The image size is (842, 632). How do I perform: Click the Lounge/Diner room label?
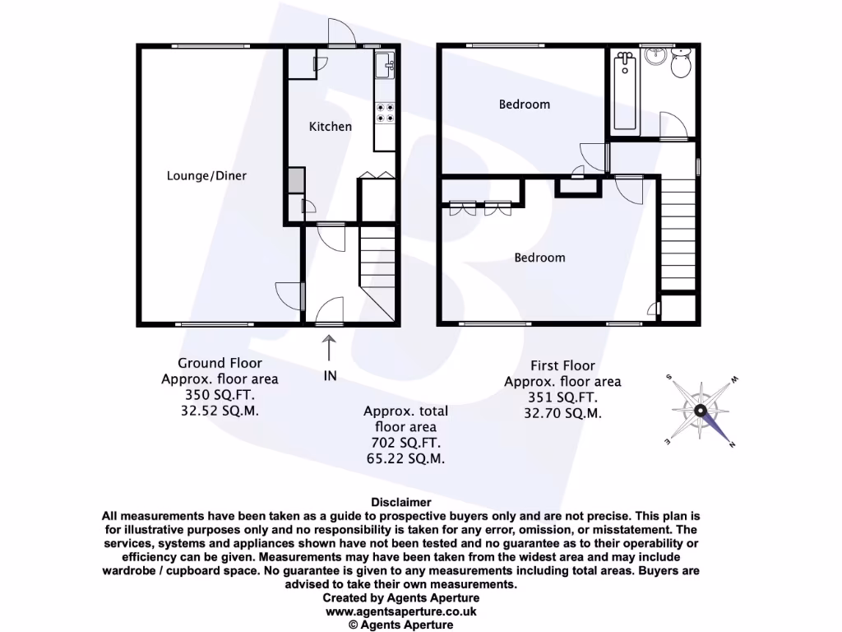206,175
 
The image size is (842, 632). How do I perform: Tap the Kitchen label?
330,127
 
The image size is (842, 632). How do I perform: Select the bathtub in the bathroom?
627,92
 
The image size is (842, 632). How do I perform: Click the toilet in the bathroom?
681,64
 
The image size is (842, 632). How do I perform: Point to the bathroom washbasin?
656,56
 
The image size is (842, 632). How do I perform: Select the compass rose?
700,410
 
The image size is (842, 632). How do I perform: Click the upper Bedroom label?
525,105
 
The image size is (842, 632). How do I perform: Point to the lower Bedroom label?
539,258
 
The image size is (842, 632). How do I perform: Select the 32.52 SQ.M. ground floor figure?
220,411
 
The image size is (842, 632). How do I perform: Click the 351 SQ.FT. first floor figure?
562,397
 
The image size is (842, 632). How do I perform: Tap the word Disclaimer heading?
401,502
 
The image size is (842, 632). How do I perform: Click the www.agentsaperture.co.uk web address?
401,611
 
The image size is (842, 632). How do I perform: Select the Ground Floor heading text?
220,363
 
